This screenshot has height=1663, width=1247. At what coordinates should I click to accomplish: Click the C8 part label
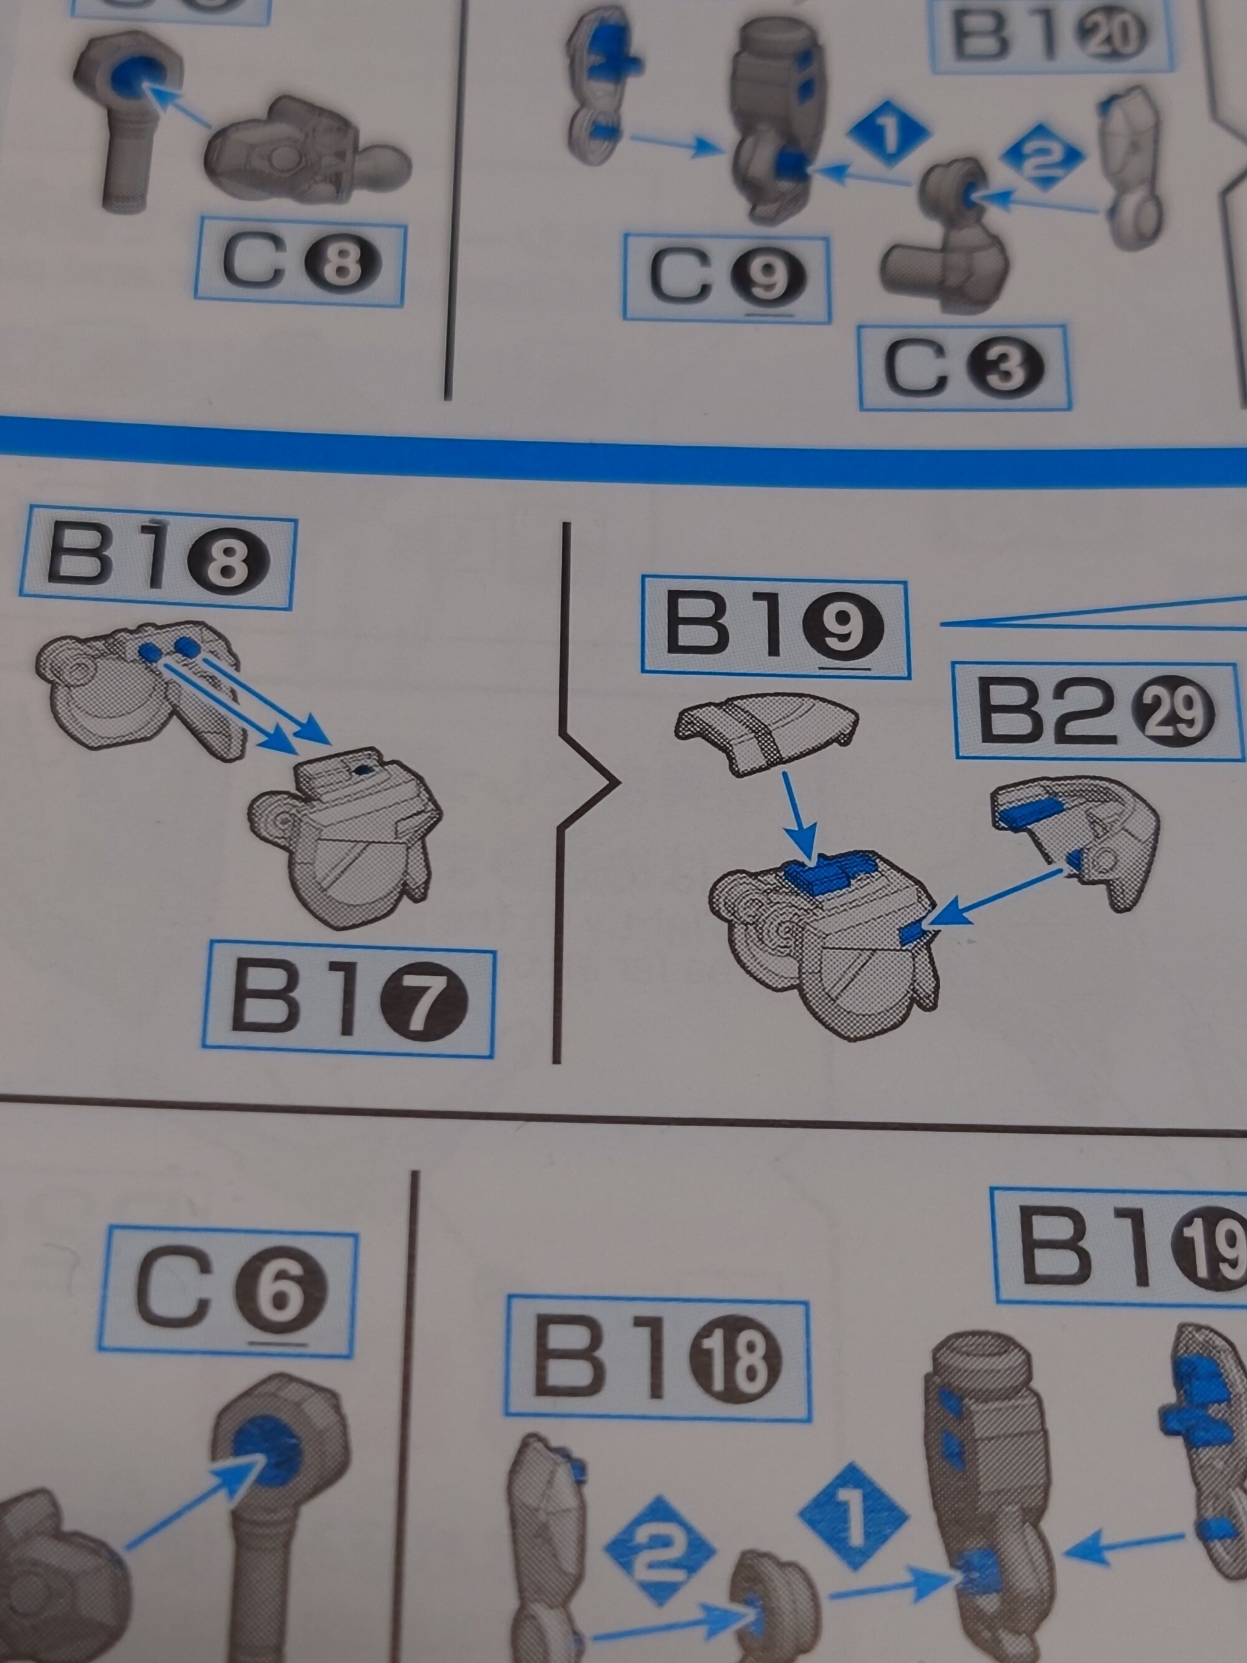pos(300,264)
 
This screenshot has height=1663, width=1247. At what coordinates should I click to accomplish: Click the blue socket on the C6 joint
pos(264,1450)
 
